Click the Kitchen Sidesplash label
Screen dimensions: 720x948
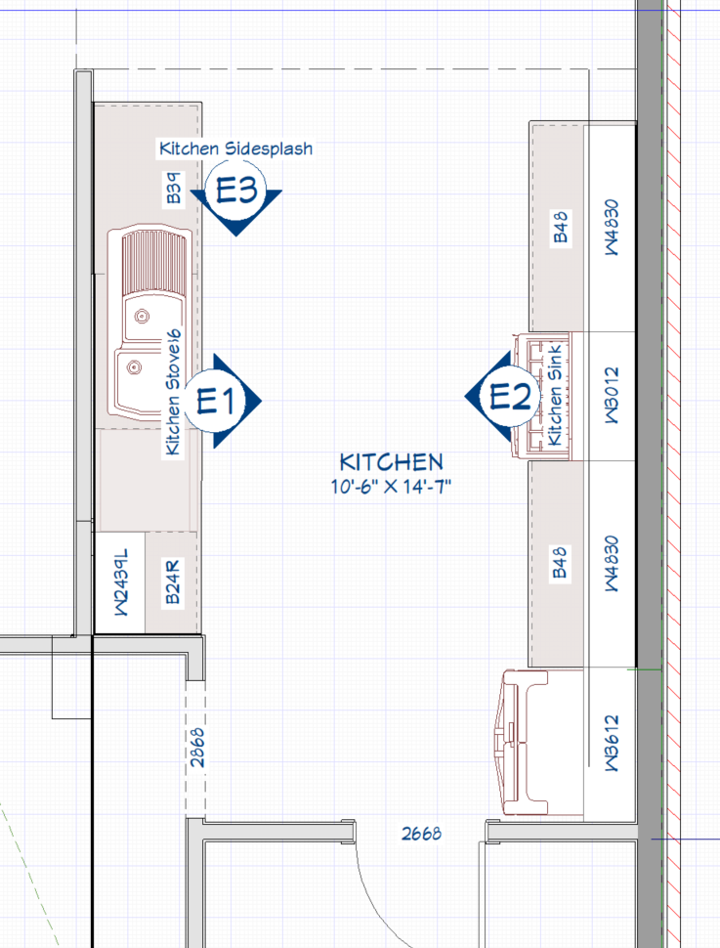(x=235, y=149)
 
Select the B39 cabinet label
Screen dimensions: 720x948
(x=174, y=188)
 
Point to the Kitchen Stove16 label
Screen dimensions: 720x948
(x=173, y=393)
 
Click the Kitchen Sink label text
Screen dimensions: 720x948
(x=554, y=396)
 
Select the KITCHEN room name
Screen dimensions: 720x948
(x=391, y=462)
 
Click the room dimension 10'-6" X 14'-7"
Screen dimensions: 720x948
(x=391, y=486)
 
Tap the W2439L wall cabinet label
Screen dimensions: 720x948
(x=121, y=582)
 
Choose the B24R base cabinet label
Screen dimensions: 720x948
(x=173, y=582)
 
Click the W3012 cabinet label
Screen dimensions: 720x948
(x=612, y=395)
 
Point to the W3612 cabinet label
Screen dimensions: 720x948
(x=612, y=743)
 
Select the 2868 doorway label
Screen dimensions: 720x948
(x=197, y=748)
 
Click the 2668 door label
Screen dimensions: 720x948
(x=421, y=834)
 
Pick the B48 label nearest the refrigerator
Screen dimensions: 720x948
(x=561, y=562)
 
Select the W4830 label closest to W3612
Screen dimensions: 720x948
(x=612, y=564)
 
